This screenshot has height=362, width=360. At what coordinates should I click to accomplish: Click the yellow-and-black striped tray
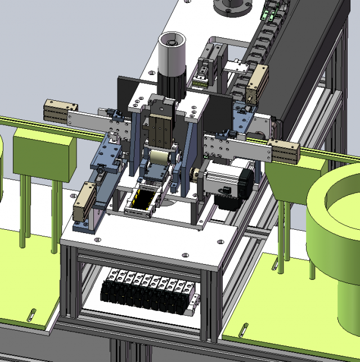tap(144, 200)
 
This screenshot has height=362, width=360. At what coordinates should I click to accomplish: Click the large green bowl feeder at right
tap(335, 225)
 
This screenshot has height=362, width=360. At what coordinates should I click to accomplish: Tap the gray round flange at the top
tap(232, 7)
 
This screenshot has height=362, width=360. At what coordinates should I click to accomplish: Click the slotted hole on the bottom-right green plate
tap(243, 329)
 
